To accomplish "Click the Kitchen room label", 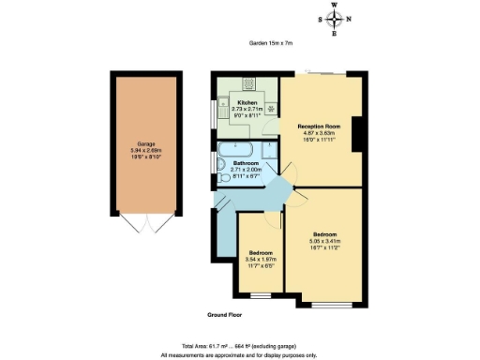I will [247, 102].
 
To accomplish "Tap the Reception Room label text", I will [318, 125].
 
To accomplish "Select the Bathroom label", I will [246, 163].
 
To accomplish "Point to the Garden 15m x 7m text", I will [271, 42].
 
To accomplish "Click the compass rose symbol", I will [335, 19].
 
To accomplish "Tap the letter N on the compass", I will [350, 19].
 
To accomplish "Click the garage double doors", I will [148, 225].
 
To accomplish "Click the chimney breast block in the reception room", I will [357, 140].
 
